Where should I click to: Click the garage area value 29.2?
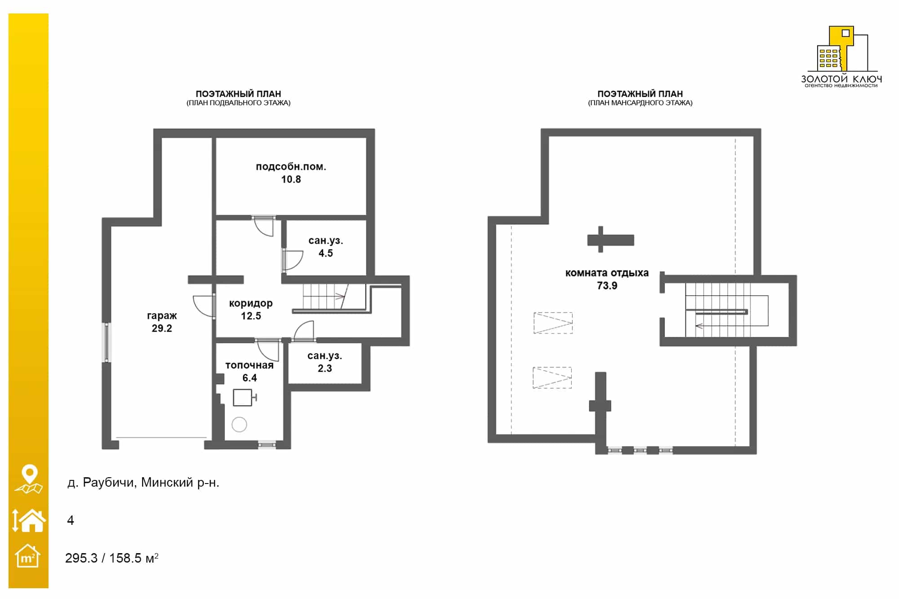pyautogui.click(x=162, y=328)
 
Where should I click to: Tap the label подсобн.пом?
pyautogui.click(x=291, y=167)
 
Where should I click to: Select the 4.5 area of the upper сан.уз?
pyautogui.click(x=326, y=253)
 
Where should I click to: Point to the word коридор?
pyautogui.click(x=251, y=304)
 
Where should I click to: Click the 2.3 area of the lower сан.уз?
pyautogui.click(x=325, y=368)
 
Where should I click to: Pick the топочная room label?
pyautogui.click(x=249, y=365)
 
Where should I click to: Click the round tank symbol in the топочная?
pyautogui.click(x=239, y=424)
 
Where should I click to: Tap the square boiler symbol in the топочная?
pyautogui.click(x=243, y=398)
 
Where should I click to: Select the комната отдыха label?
pyautogui.click(x=607, y=273)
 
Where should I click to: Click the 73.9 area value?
pyautogui.click(x=607, y=286)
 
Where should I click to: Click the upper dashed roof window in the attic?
pyautogui.click(x=553, y=323)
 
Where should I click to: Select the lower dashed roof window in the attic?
pyautogui.click(x=552, y=377)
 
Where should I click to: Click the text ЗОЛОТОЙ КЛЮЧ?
pyautogui.click(x=841, y=79)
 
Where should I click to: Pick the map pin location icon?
pyautogui.click(x=29, y=479)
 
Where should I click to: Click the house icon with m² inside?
pyautogui.click(x=27, y=556)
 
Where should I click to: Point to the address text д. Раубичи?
pyautogui.click(x=102, y=483)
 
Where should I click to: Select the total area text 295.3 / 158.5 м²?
pyautogui.click(x=112, y=558)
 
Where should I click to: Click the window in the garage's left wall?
pyautogui.click(x=107, y=342)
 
